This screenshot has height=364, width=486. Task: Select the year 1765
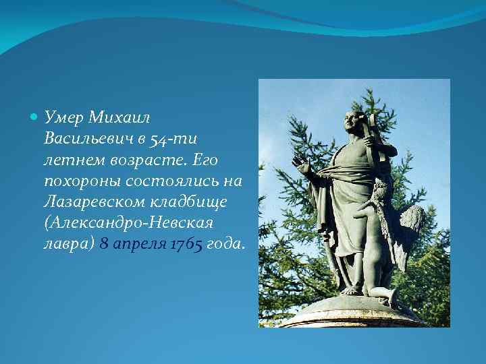click(186, 243)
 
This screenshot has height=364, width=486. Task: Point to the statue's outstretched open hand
click(302, 164)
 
